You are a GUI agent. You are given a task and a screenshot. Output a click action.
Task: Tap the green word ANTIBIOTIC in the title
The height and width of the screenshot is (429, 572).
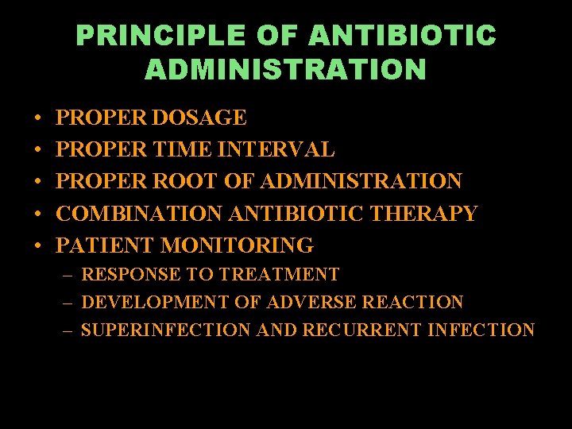click(403, 36)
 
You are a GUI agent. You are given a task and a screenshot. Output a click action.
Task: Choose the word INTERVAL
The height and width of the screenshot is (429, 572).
click(276, 149)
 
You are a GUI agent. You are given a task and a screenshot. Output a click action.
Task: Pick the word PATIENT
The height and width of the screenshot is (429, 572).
click(106, 245)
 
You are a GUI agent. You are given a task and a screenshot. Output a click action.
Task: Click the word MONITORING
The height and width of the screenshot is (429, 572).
click(238, 245)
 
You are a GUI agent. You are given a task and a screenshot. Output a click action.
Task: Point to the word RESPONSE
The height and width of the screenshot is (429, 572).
click(131, 275)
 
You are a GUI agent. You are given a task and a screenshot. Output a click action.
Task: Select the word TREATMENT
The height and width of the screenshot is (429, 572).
click(279, 275)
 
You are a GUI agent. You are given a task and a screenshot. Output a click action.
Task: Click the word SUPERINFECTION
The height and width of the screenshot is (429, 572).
click(165, 330)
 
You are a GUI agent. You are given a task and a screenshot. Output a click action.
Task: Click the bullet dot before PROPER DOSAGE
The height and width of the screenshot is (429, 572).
click(39, 119)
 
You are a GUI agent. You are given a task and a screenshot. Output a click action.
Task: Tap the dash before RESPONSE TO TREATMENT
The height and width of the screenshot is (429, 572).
click(68, 276)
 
